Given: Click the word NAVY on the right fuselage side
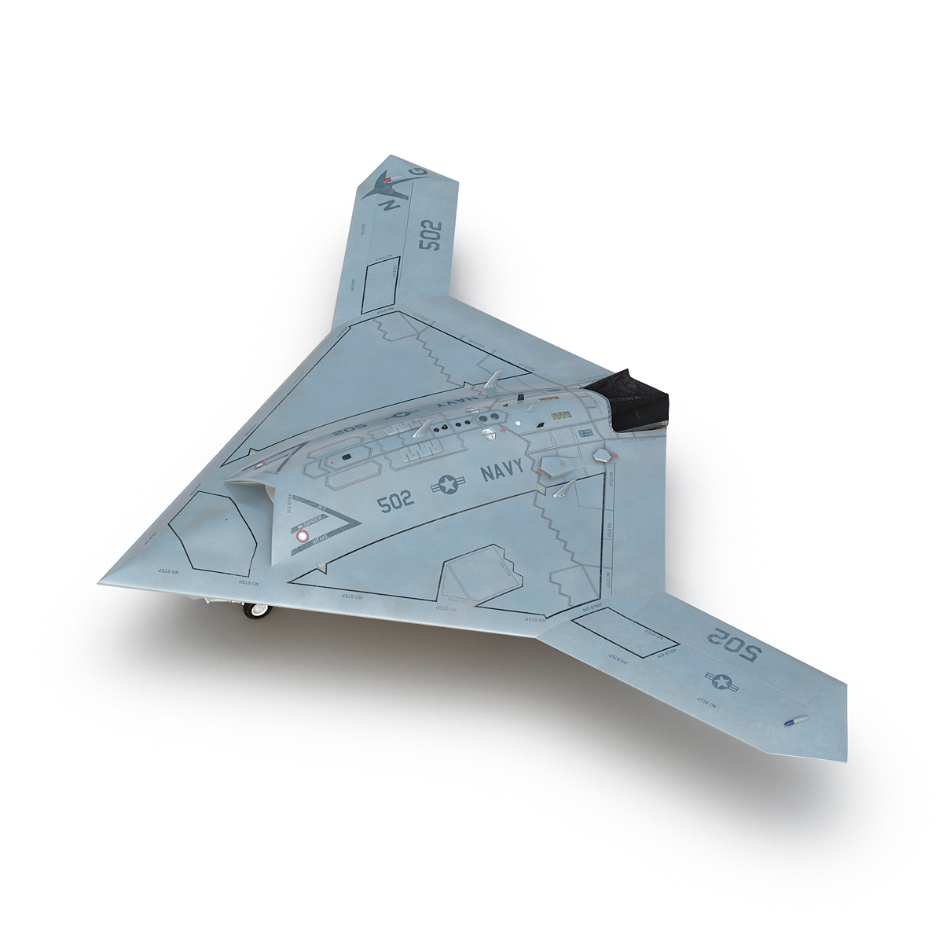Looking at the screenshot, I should coord(505,474).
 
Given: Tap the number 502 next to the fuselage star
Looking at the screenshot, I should coord(395,502).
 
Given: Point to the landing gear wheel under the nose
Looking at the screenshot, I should coord(256,610).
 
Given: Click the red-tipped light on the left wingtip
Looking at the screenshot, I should coord(387,181).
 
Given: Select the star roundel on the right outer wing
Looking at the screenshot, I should coord(722,681).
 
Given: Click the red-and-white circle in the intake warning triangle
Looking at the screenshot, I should coord(301,537).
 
